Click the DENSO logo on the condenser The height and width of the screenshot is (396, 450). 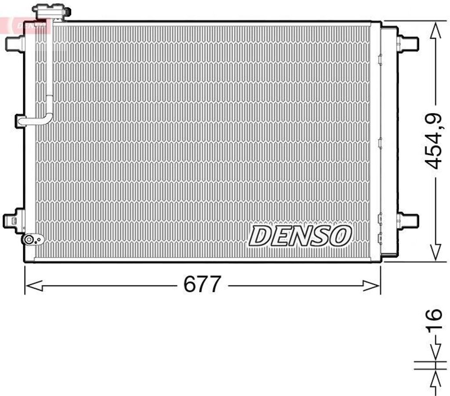pyautogui.click(x=300, y=236)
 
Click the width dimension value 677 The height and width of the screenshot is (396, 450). pyautogui.click(x=201, y=285)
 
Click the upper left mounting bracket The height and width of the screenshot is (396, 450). pyautogui.click(x=15, y=43)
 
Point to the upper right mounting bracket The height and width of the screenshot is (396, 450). pyautogui.click(x=407, y=43)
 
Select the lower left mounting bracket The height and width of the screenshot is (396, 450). pyautogui.click(x=13, y=220)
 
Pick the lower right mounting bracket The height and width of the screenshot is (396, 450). pyautogui.click(x=407, y=220)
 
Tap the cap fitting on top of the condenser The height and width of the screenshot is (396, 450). pyautogui.click(x=52, y=12)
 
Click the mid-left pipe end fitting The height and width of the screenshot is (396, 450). pyautogui.click(x=20, y=121)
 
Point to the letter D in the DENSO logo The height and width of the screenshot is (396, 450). pyautogui.click(x=260, y=236)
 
